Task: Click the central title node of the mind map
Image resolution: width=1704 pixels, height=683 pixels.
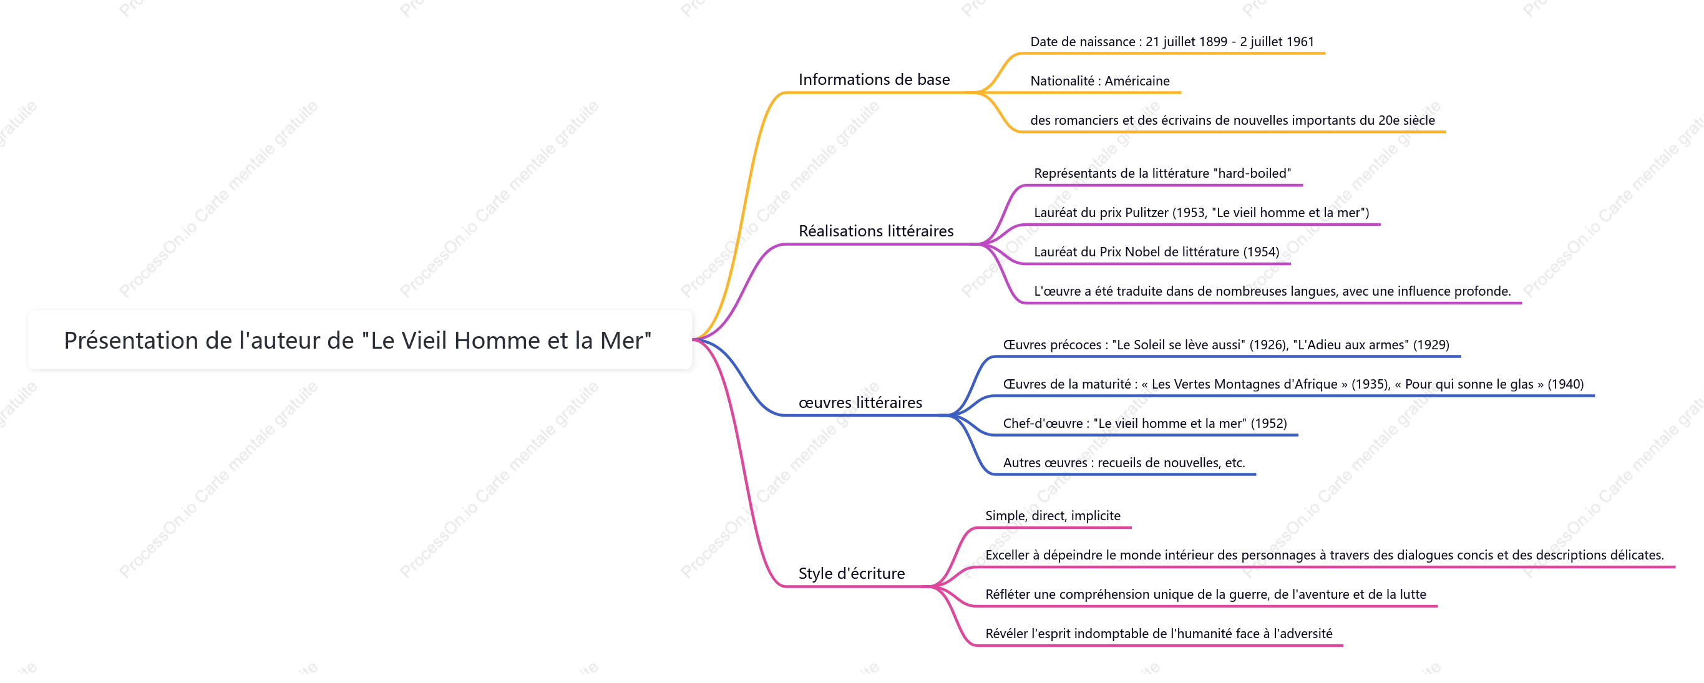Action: [358, 341]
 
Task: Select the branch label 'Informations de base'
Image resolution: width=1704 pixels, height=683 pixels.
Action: [874, 79]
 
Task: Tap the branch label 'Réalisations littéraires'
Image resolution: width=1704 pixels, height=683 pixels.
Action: [876, 231]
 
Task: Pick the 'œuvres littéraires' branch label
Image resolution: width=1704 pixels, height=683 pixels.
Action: [860, 402]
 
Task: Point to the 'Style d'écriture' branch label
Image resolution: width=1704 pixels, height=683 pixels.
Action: [851, 573]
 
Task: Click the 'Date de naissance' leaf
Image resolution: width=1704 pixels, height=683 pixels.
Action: [1172, 42]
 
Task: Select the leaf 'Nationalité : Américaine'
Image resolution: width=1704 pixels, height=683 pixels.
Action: [1099, 80]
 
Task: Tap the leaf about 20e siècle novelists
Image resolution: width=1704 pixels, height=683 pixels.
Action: [1232, 120]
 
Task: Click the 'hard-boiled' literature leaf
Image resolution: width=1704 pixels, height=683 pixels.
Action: [1162, 173]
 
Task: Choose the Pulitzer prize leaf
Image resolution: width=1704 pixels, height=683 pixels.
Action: [1201, 212]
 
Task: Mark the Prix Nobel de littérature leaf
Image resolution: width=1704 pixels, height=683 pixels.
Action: [1156, 251]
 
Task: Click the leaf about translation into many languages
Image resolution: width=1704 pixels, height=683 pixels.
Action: [1272, 291]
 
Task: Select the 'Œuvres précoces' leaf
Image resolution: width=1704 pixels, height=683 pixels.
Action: [1225, 344]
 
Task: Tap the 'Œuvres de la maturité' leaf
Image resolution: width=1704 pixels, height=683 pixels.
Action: [1293, 384]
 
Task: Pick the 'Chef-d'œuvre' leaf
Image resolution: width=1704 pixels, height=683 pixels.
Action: [1144, 423]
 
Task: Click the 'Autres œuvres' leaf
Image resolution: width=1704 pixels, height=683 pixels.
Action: [1124, 463]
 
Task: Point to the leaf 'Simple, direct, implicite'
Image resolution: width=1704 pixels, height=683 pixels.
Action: [1053, 516]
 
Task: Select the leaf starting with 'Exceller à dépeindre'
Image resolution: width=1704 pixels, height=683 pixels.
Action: [1324, 555]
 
